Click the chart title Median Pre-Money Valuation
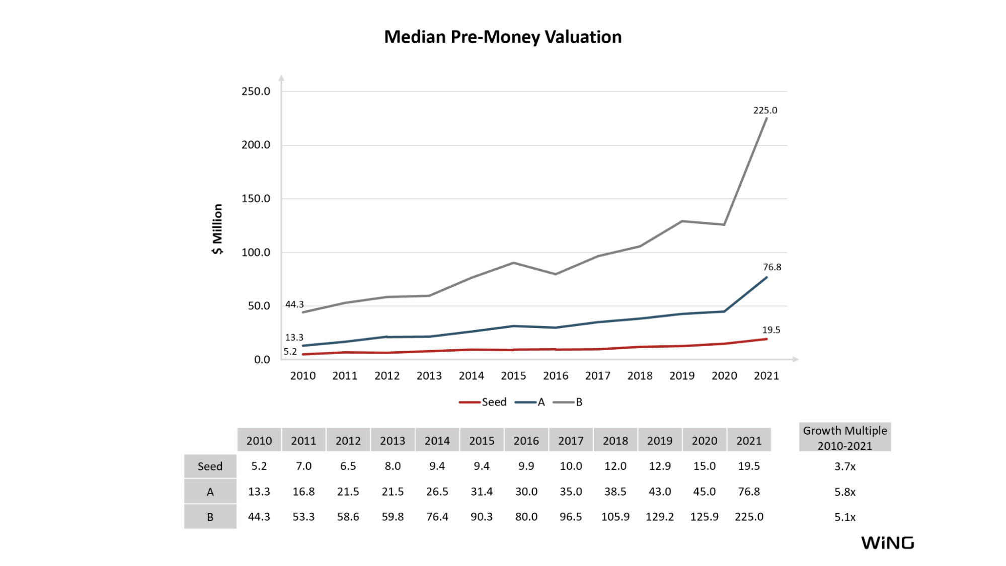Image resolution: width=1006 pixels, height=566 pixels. click(503, 37)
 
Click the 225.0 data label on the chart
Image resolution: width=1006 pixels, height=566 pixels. click(765, 110)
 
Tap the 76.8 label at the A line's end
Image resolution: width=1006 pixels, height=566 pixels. click(772, 267)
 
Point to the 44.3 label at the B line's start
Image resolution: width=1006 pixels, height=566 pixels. click(294, 304)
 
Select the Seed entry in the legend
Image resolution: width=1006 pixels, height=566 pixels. click(483, 402)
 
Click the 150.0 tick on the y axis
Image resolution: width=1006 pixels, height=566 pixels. click(256, 199)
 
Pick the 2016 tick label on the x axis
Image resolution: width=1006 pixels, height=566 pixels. click(556, 376)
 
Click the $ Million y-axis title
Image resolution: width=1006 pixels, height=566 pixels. click(217, 229)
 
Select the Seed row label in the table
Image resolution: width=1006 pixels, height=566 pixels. click(210, 466)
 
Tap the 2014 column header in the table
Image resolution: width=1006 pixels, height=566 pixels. click(437, 441)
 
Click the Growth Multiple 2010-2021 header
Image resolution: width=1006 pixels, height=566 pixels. click(845, 438)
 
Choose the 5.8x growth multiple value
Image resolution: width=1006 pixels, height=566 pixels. click(845, 492)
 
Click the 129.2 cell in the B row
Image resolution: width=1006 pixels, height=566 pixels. click(660, 517)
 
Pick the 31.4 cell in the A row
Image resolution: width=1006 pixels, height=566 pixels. click(482, 492)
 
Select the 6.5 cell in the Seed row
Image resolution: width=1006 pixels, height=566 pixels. click(348, 466)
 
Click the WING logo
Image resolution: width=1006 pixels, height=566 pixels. click(888, 543)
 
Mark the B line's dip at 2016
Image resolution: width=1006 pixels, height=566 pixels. click(556, 274)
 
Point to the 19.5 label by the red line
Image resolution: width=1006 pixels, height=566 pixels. click(771, 330)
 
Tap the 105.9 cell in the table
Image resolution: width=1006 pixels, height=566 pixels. click(615, 517)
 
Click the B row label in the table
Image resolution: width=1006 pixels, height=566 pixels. click(210, 517)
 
